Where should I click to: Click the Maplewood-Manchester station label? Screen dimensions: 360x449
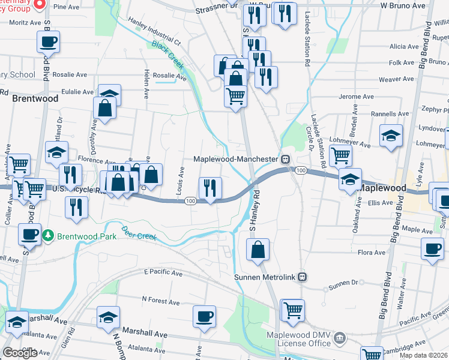pyautogui.click(x=237, y=159)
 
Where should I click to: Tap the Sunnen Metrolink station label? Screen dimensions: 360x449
pyautogui.click(x=265, y=277)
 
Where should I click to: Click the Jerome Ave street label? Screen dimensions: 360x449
pyautogui.click(x=357, y=97)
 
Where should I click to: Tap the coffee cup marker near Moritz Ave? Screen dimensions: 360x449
pyautogui.click(x=49, y=43)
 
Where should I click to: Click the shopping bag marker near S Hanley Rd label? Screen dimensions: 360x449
pyautogui.click(x=258, y=250)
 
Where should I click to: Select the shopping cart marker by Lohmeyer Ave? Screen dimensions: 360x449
pyautogui.click(x=340, y=155)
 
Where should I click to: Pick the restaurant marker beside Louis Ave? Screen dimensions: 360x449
pyautogui.click(x=210, y=188)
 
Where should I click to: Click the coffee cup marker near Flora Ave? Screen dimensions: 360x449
pyautogui.click(x=432, y=248)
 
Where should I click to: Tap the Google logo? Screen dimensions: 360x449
pyautogui.click(x=20, y=353)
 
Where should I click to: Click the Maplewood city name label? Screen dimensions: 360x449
pyautogui.click(x=381, y=188)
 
